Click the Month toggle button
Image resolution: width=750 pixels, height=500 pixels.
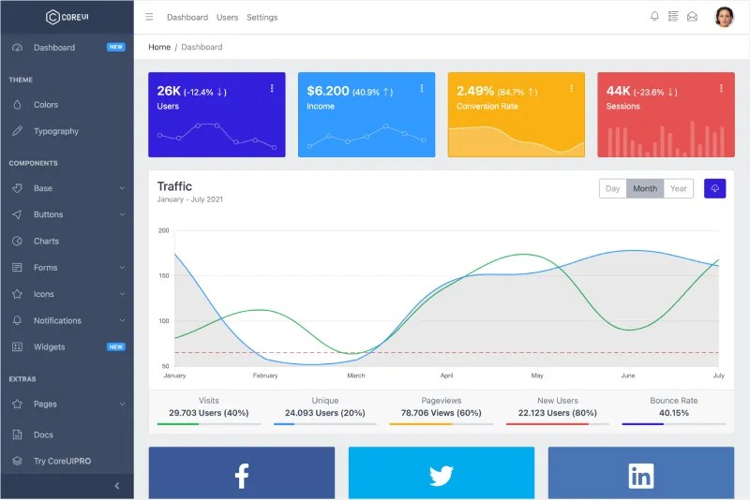coord(645,188)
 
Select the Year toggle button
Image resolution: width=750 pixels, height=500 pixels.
coord(679,188)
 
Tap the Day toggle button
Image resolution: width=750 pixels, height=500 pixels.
coord(612,188)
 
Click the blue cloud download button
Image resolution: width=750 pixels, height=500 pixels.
coord(714,188)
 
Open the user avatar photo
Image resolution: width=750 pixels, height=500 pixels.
coord(724,17)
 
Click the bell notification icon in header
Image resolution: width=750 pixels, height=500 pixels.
coord(654,17)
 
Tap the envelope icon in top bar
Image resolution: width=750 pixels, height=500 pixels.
coord(692,17)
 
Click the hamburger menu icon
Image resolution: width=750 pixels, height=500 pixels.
coord(149,17)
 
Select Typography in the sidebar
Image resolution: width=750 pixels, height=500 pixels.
coord(56,131)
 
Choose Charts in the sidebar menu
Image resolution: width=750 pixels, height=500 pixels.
coord(46,241)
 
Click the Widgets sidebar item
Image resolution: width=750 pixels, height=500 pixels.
coord(49,346)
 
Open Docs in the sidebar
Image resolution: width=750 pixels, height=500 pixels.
coord(43,434)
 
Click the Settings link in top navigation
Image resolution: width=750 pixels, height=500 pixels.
coord(262,17)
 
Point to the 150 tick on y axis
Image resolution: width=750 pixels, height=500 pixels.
coord(164,275)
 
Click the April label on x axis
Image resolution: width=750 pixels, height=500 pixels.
coord(446,375)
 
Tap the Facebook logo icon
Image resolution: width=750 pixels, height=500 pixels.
coord(241,476)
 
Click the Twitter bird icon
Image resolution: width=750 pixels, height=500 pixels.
coord(442,476)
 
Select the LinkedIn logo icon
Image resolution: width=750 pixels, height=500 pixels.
coord(641,476)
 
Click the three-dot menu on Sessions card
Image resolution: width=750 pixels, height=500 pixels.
coord(721,88)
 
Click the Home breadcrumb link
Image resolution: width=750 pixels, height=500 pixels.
coord(159,47)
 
